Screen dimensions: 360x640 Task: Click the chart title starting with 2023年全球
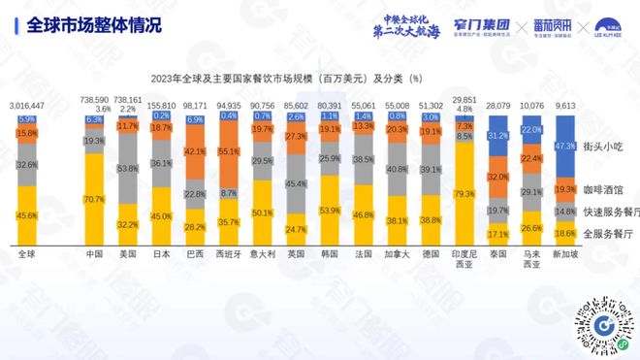[285, 77]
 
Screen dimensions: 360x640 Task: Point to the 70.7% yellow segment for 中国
[95, 198]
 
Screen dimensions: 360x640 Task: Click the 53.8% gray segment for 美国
[128, 168]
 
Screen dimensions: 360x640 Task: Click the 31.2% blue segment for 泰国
[497, 137]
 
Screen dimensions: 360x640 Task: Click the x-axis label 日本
[162, 256]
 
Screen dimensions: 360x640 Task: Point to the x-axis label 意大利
[262, 256]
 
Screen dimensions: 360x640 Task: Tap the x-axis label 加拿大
[396, 256]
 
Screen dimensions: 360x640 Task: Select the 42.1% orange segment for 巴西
[195, 152]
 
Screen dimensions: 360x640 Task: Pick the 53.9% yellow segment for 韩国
[329, 211]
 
